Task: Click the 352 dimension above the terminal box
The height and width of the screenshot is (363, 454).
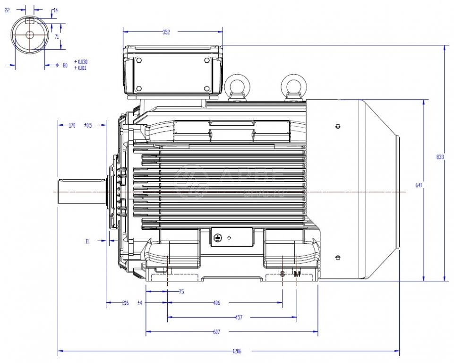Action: pos(166,32)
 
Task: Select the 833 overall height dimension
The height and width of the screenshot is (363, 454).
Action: pos(440,157)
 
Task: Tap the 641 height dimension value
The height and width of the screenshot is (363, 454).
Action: pos(419,185)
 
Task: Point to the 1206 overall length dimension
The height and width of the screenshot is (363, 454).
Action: pos(237,351)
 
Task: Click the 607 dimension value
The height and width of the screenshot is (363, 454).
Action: pos(216,332)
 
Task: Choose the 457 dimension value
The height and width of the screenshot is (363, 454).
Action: pos(239,318)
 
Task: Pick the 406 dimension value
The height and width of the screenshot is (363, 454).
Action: pos(216,303)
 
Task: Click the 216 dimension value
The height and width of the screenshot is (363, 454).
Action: pos(125,303)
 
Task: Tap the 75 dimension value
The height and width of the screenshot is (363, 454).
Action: pos(181,292)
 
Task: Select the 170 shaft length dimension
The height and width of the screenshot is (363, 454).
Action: pos(72,125)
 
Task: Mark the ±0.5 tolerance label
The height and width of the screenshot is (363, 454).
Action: pos(88,125)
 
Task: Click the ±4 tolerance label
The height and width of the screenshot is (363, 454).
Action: pos(140,303)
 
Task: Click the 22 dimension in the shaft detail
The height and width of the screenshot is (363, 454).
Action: pos(7,9)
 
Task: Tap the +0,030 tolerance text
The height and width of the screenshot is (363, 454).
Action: pos(81,62)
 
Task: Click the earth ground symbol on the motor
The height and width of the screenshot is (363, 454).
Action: pos(218,238)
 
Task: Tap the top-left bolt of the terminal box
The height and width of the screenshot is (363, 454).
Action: pos(139,60)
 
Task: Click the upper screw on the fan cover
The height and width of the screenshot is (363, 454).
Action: pos(337,126)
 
